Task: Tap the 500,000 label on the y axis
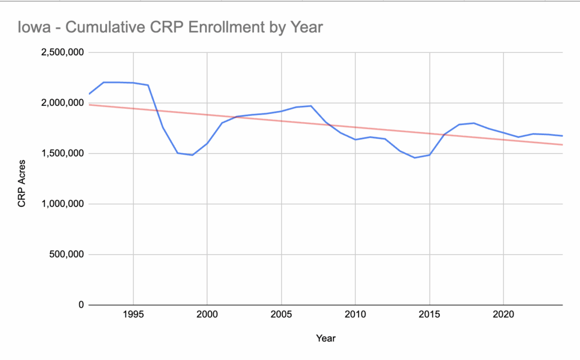pos(66,254)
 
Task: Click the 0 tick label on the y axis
pos(81,305)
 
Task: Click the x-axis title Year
pos(325,339)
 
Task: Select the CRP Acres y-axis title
pos(22,179)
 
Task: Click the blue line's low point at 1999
pos(192,155)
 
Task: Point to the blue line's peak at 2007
pos(311,106)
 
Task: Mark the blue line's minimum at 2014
pos(415,158)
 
